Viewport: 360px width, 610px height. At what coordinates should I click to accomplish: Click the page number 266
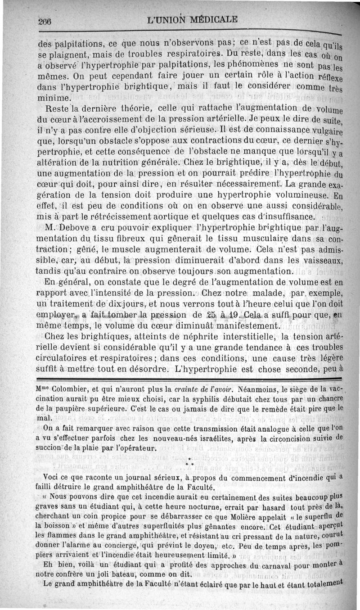[46, 21]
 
